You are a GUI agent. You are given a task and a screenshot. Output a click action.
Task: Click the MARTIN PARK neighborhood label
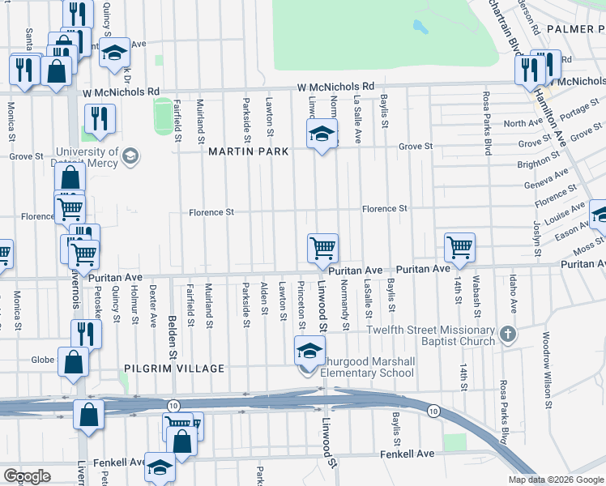pos(248,152)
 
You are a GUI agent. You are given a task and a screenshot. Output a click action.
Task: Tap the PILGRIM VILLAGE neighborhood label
pos(173,369)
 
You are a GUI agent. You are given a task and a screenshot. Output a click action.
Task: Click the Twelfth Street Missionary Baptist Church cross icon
pos(507,334)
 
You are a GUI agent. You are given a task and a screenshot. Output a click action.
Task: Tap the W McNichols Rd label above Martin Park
pos(335,86)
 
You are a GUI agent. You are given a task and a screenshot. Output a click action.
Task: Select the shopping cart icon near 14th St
pos(459,245)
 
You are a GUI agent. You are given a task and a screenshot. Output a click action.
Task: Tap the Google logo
pos(27,476)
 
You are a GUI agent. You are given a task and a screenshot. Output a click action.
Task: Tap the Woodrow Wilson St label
pos(546,369)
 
